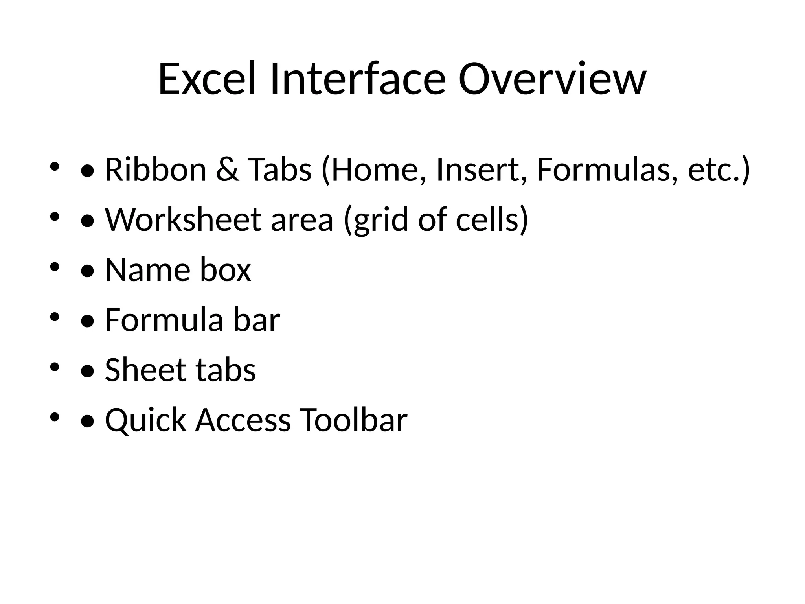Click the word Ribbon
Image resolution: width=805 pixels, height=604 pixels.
(156, 170)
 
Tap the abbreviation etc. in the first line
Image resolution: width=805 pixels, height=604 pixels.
(713, 170)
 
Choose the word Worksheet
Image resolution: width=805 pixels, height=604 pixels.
(183, 220)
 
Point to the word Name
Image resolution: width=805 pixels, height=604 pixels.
(148, 270)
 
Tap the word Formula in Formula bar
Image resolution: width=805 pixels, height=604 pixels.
(164, 320)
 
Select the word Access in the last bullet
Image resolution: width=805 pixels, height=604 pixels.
(243, 420)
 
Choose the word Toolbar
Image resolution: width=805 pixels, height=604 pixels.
(353, 420)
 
